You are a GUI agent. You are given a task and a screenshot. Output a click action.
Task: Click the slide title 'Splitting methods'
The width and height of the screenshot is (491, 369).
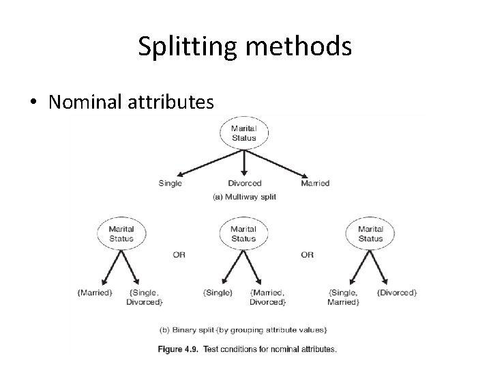(245, 46)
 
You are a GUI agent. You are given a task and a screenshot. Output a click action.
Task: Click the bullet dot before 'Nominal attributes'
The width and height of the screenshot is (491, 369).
(33, 102)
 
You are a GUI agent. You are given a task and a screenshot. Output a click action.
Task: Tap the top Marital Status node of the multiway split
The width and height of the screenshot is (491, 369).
(243, 133)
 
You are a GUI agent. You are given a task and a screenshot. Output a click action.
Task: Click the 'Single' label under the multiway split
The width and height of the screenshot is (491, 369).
(170, 183)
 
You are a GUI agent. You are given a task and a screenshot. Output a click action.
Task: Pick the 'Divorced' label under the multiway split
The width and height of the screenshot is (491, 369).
(244, 183)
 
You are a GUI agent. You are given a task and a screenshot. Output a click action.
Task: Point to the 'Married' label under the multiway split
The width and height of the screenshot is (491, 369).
(315, 183)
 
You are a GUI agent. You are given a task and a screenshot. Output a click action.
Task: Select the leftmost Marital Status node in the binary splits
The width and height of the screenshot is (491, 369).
(121, 234)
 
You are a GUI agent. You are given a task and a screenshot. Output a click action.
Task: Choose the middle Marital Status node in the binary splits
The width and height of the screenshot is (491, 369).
(243, 234)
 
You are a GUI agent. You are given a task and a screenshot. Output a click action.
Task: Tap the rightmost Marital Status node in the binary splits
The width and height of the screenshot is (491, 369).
(370, 234)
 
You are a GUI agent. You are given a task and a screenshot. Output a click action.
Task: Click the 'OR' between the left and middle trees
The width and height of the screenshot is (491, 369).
(179, 254)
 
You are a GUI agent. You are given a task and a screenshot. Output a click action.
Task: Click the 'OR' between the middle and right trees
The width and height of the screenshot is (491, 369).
(307, 254)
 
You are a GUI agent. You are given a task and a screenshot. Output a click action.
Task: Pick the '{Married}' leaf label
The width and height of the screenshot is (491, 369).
(95, 292)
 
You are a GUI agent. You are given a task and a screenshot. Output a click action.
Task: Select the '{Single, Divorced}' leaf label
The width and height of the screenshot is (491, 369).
(144, 297)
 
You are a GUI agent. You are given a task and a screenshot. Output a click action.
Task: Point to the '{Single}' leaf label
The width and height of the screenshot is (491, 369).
(218, 292)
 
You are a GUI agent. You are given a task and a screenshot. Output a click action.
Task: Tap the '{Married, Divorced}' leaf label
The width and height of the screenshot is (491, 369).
(268, 297)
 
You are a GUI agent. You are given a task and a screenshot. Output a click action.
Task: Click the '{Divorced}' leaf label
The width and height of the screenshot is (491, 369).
(397, 292)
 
